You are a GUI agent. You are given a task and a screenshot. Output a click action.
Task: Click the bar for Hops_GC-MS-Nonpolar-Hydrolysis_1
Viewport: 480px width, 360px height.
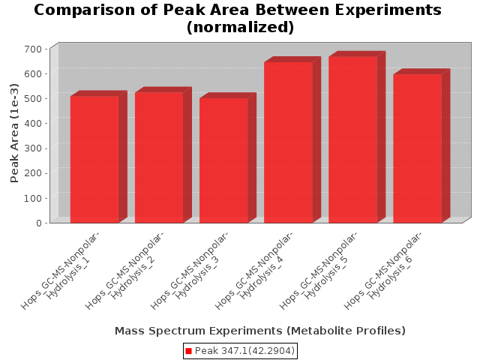click(x=94, y=160)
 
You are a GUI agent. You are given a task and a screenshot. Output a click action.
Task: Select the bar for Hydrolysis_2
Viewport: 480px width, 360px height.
click(x=159, y=157)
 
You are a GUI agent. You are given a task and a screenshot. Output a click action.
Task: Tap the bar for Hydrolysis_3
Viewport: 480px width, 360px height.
click(x=223, y=160)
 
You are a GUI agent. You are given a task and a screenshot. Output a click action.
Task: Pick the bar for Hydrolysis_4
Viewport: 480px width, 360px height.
click(x=288, y=142)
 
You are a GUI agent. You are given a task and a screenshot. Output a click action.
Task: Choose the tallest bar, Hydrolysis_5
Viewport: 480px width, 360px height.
click(x=353, y=139)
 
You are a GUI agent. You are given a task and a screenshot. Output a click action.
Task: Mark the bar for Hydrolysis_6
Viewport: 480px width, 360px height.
click(x=418, y=148)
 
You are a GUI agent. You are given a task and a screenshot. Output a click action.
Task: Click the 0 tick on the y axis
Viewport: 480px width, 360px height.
click(x=39, y=223)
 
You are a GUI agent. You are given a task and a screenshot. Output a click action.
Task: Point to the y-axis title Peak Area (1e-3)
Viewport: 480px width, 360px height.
click(x=14, y=133)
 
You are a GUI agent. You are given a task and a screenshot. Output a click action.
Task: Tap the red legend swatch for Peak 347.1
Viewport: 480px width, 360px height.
click(x=188, y=351)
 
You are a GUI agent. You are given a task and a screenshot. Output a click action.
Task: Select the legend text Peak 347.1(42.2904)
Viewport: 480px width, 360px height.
click(x=244, y=351)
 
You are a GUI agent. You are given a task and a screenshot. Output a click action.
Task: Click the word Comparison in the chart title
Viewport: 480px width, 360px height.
click(x=84, y=10)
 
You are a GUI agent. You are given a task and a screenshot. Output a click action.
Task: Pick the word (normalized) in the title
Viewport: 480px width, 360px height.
click(x=240, y=27)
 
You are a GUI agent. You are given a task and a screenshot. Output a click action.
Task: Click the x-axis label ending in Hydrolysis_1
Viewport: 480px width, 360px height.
click(x=61, y=271)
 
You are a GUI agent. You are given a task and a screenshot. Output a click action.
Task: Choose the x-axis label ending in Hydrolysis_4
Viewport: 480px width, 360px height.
click(x=254, y=271)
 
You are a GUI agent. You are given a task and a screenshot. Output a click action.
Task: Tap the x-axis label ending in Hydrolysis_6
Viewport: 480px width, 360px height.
click(x=383, y=271)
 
